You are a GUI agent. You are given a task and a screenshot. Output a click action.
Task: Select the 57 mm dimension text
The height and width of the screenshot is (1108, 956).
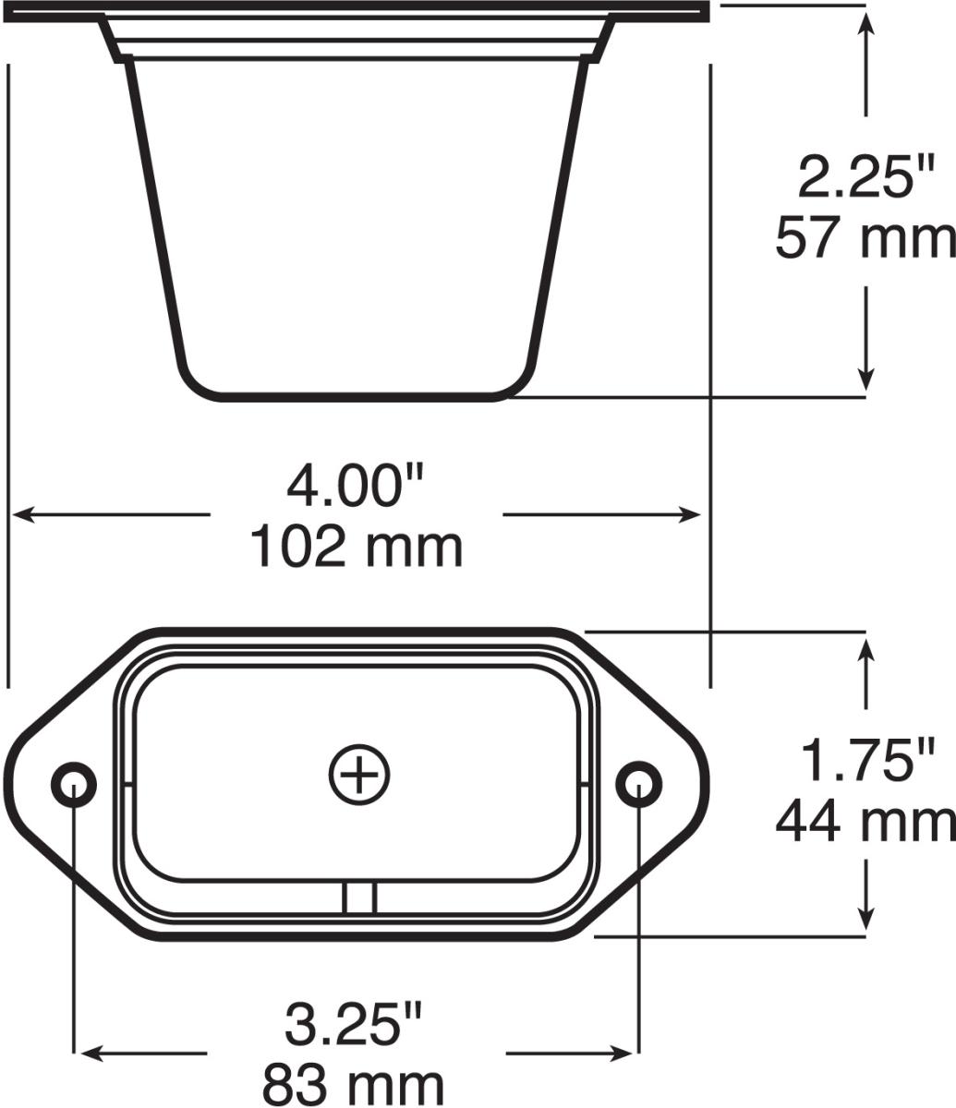pos(865,238)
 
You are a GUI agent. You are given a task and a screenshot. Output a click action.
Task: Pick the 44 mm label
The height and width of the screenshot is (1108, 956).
pos(865,821)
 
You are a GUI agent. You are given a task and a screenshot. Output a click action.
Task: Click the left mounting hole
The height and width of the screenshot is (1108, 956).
pos(73,784)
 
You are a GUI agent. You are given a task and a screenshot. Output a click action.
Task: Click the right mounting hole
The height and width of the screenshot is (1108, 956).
pos(638,784)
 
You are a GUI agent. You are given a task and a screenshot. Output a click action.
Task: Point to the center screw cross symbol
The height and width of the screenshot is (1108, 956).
pos(359,774)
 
